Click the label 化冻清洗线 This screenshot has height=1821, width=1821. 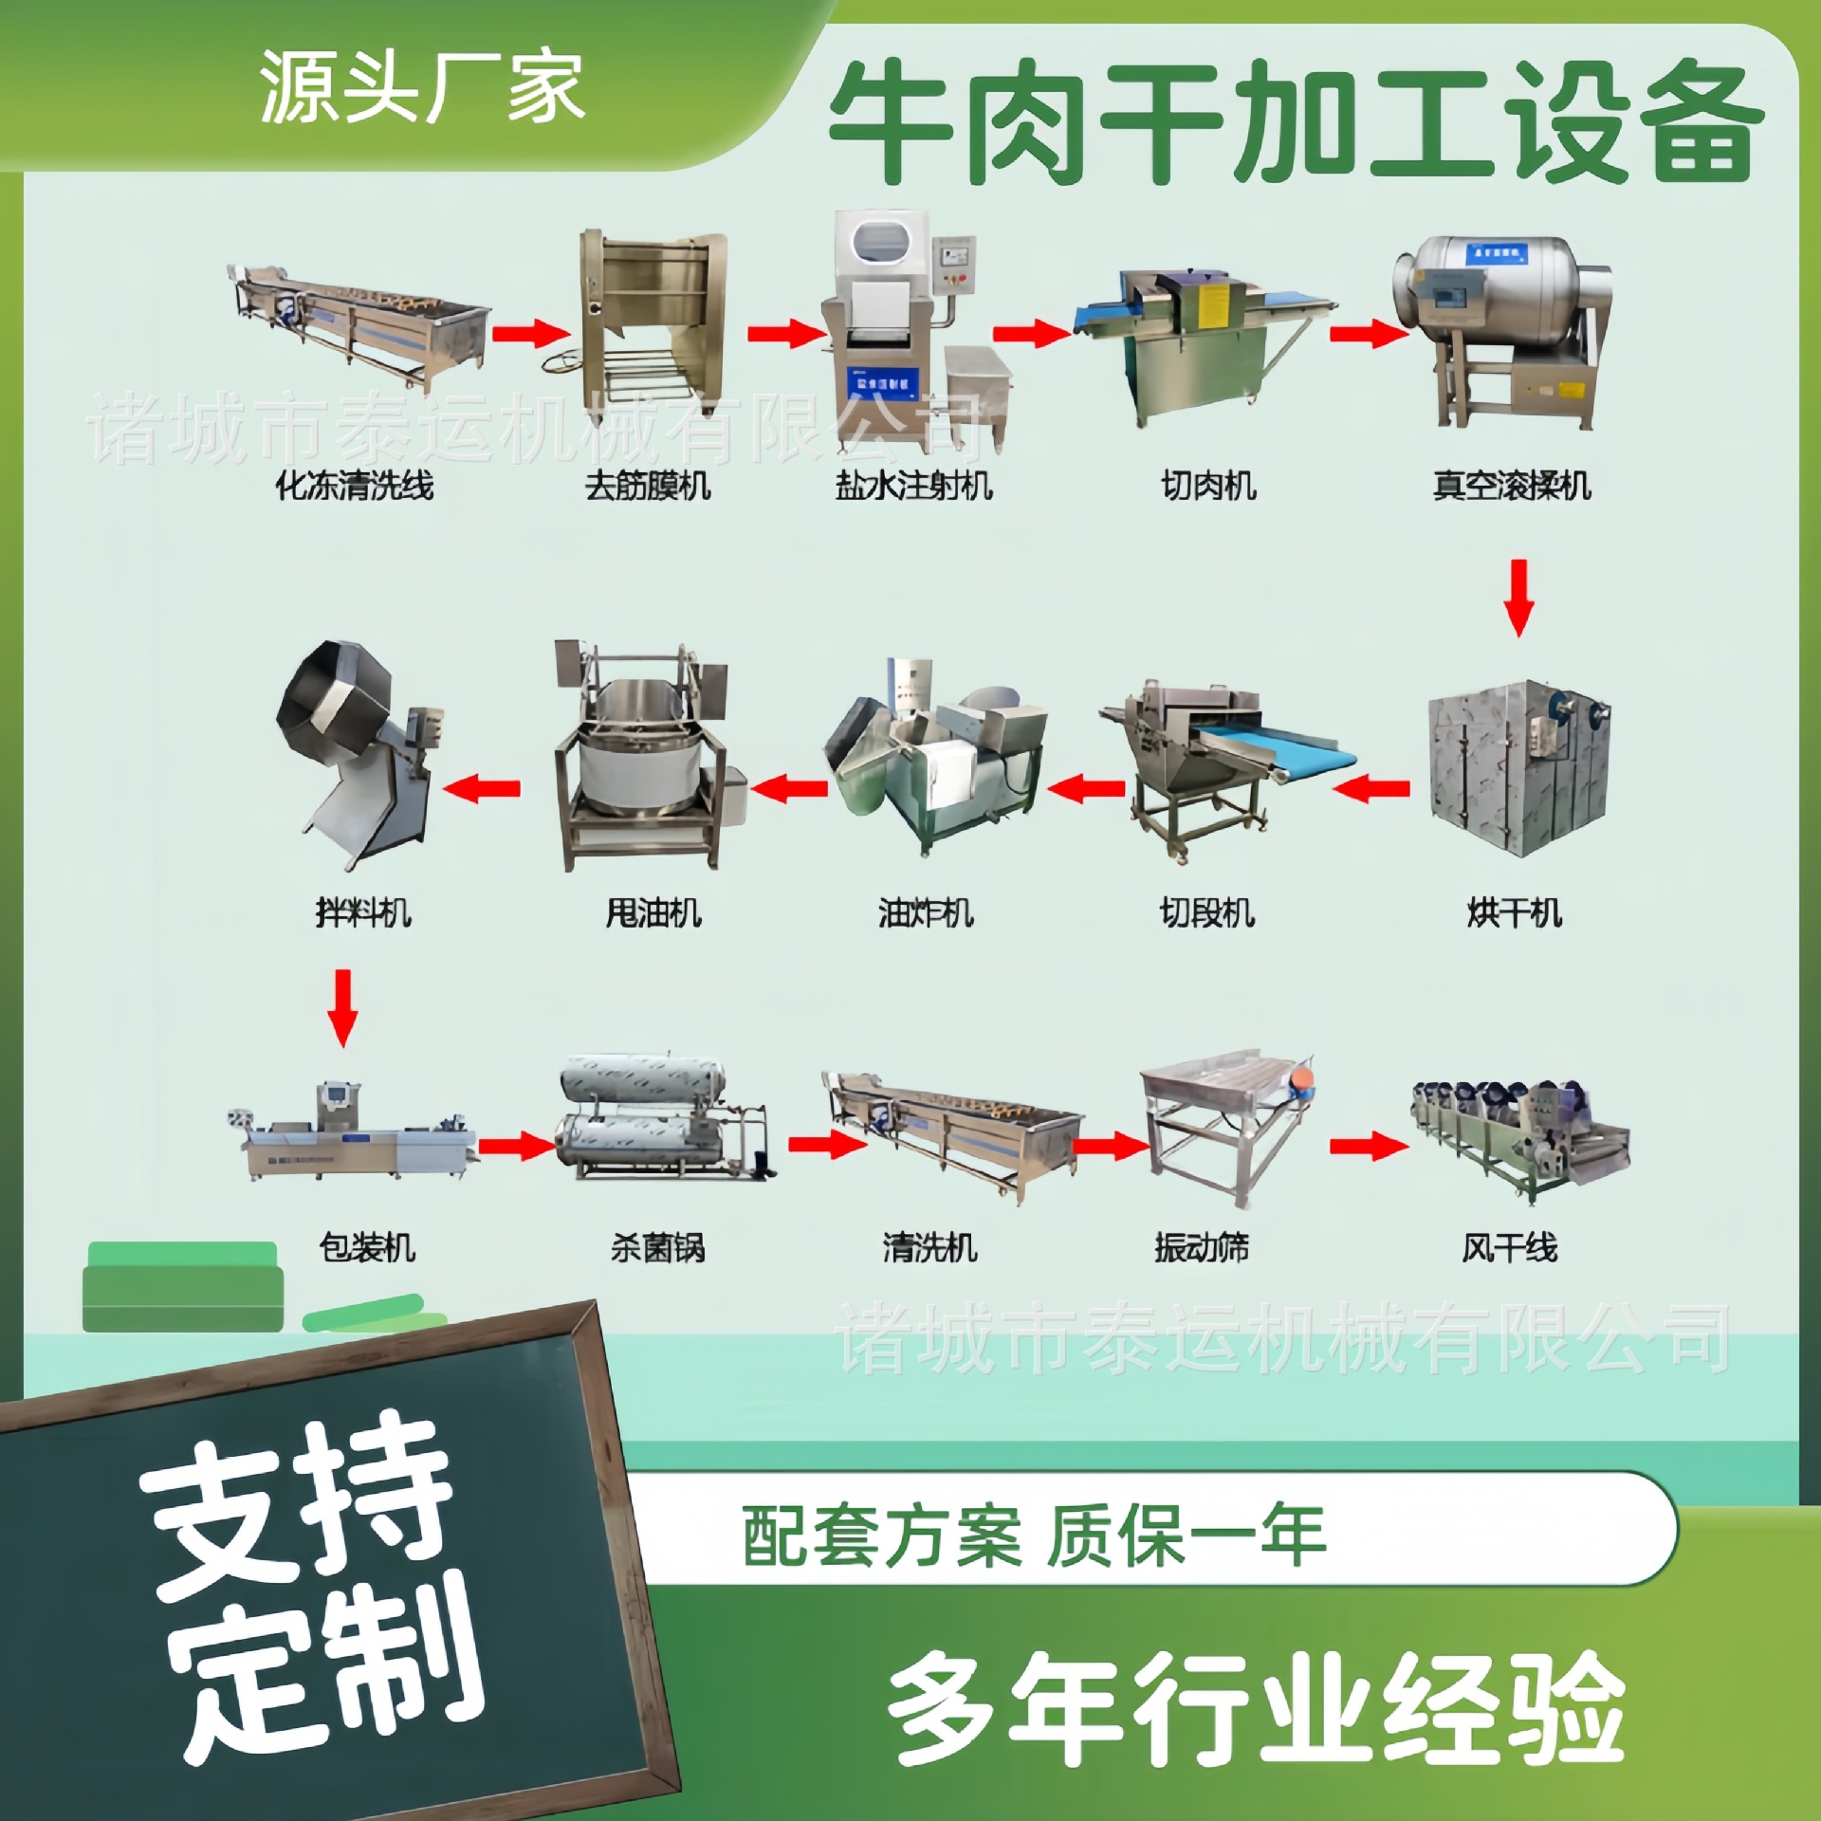[x=354, y=487]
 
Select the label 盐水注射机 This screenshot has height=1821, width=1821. [x=913, y=487]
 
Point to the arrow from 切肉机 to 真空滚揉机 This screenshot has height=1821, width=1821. [x=1367, y=334]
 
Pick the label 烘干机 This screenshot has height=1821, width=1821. [x=1514, y=913]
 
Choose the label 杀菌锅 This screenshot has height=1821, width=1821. [x=657, y=1248]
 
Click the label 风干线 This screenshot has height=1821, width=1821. [x=1509, y=1248]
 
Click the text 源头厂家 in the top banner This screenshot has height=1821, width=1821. [x=421, y=88]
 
